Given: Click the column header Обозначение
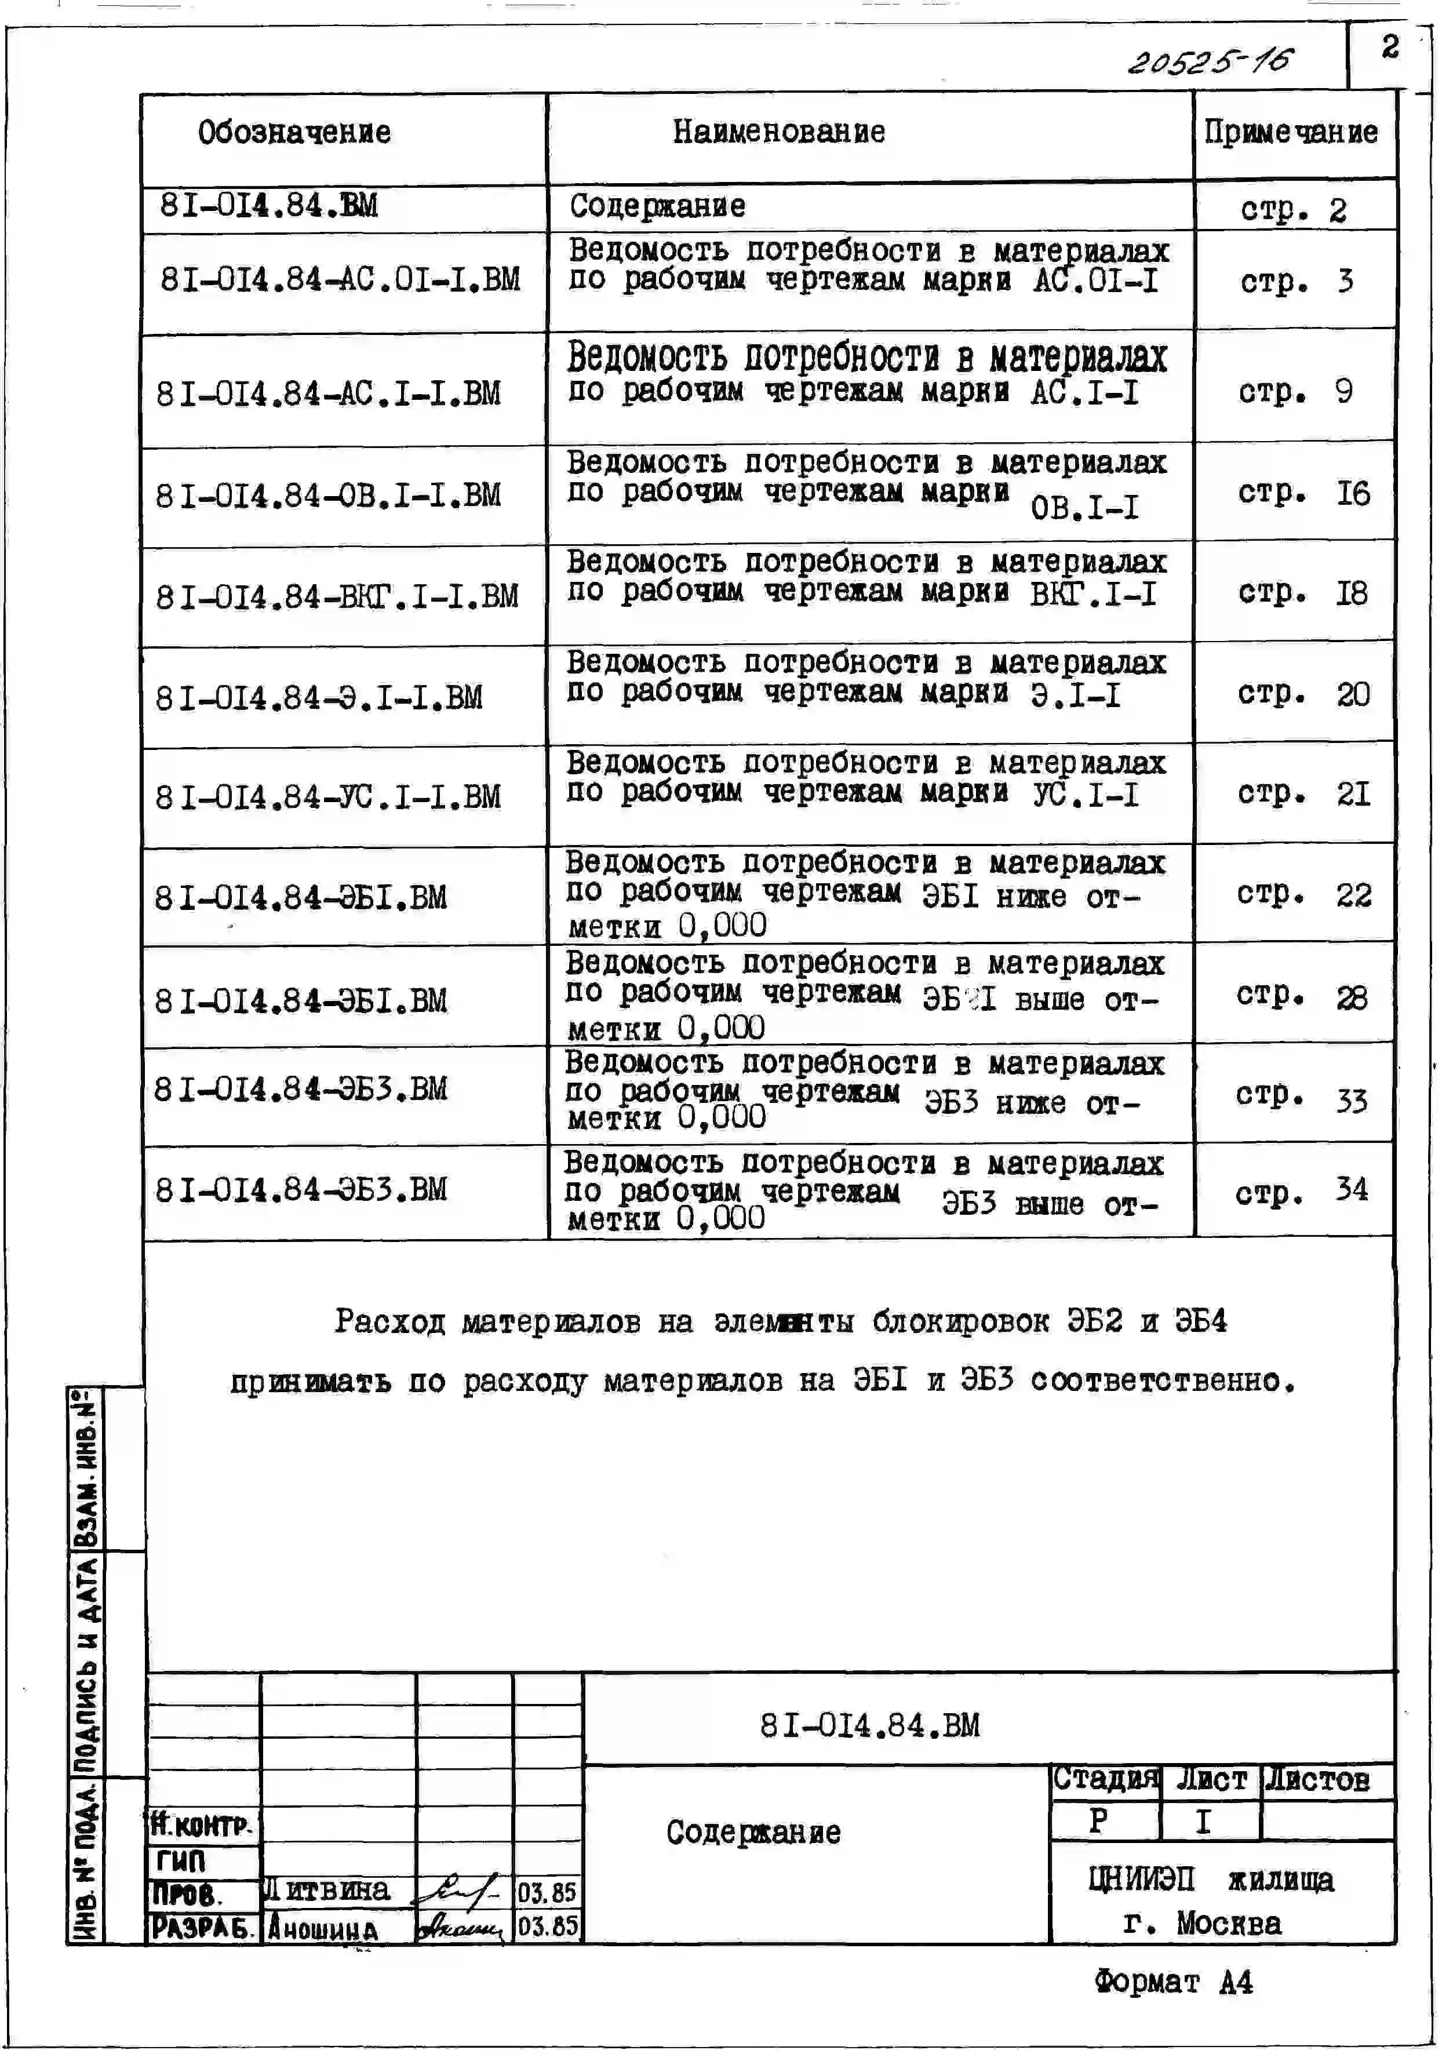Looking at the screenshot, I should click(294, 132).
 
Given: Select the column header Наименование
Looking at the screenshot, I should click(779, 132).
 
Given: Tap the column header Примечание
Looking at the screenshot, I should click(1291, 132).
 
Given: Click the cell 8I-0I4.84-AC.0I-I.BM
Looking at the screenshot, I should click(340, 280).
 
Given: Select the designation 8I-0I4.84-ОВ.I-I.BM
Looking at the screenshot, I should click(328, 496).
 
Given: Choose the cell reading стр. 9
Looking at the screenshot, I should click(1295, 391).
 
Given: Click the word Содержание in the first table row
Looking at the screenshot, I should click(657, 207).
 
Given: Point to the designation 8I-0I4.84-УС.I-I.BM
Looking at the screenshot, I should click(328, 797).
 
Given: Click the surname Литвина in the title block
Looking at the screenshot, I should click(328, 1889).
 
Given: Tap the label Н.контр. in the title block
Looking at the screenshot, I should click(202, 1824).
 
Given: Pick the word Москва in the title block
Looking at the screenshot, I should click(1229, 1922).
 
